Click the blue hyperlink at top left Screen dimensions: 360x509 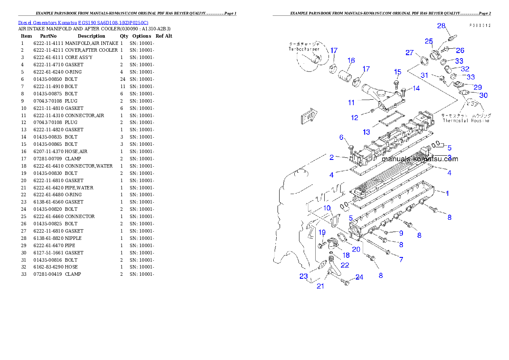[83, 23]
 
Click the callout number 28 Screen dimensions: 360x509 [441, 26]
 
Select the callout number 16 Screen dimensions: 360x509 [351, 60]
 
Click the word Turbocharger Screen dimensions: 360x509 [304, 49]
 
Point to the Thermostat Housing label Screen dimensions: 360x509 [466, 121]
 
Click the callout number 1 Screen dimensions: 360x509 [447, 193]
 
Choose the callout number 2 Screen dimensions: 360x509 [331, 157]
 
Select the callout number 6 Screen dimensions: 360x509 [341, 137]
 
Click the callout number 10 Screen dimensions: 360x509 [327, 208]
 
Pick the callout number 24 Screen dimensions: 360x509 [359, 277]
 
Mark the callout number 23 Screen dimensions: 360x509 [303, 276]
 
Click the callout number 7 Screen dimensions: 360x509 [401, 260]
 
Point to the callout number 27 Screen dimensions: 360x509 [409, 53]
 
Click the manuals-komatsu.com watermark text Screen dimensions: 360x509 [420, 159]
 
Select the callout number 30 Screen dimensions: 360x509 [483, 95]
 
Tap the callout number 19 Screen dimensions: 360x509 [322, 232]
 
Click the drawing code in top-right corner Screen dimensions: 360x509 [479, 26]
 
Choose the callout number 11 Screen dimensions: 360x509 [351, 103]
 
